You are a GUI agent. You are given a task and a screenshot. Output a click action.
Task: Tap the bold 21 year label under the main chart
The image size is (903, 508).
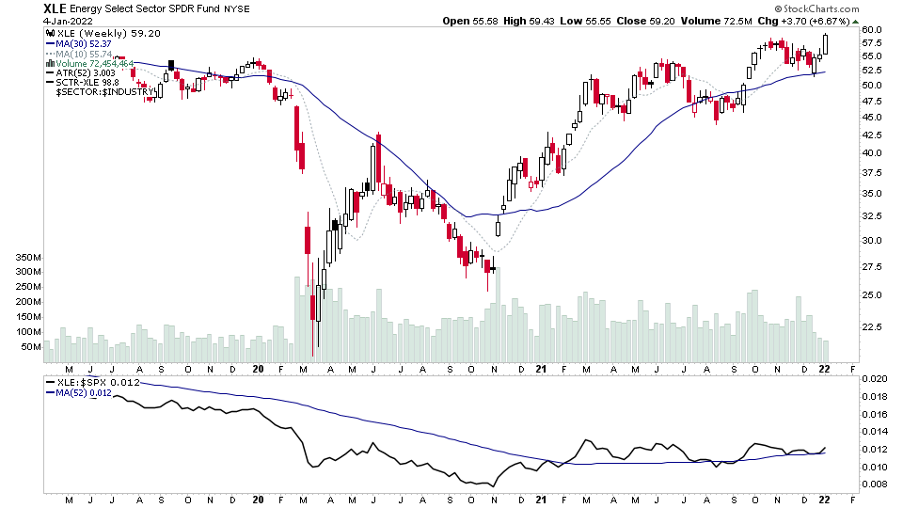pyautogui.click(x=539, y=370)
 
